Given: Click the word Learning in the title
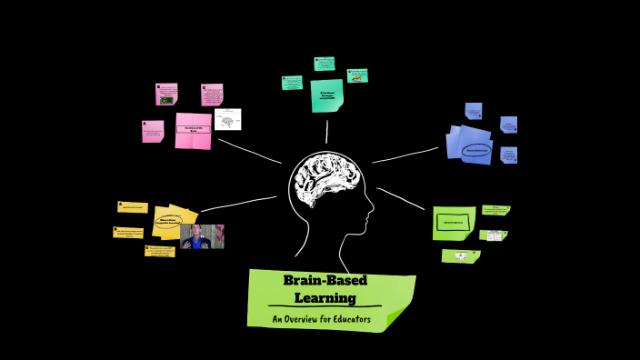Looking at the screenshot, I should point(325,297).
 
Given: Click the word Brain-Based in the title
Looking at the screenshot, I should point(325,280).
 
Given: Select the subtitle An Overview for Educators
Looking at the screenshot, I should point(321,319).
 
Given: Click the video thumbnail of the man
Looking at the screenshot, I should point(202,236).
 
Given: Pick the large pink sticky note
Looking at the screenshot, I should point(193,130).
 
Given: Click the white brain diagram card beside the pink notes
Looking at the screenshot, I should point(227,119).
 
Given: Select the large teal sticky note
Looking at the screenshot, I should point(326,95).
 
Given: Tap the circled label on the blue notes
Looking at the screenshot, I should point(476,150).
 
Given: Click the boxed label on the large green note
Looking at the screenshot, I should point(453,221).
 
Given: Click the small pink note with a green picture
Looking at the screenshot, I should point(165,95).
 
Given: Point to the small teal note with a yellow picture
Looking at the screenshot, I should point(357,75).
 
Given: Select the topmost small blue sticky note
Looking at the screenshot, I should point(474,111).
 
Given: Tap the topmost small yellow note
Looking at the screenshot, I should point(132,207).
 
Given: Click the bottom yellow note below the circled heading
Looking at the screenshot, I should point(159,250).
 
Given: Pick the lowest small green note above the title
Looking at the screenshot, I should point(460,256).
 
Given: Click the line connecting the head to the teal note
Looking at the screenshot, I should point(326,132).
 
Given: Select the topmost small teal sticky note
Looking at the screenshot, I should point(325,64).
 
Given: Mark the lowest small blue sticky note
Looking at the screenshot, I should point(508,155).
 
